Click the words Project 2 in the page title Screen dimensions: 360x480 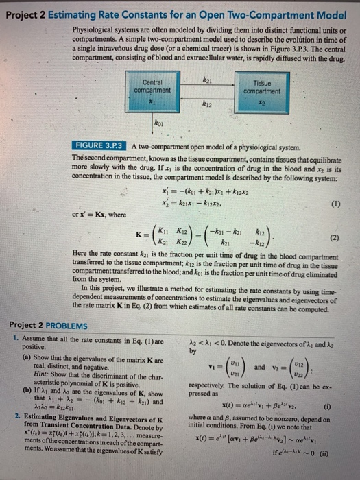[x=25, y=8]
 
